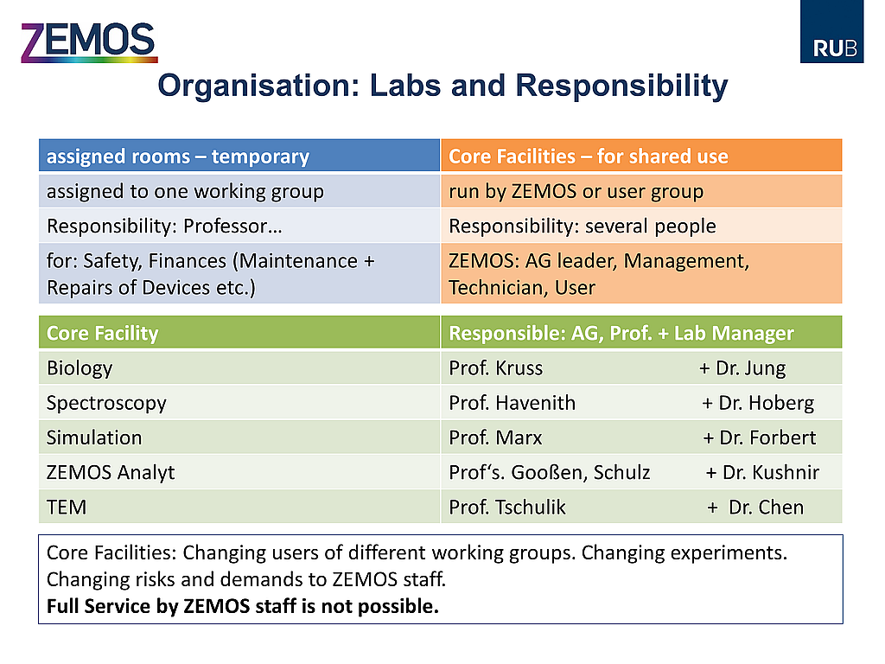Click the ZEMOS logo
click(x=89, y=42)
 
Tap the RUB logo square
click(x=831, y=31)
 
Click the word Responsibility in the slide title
click(x=621, y=86)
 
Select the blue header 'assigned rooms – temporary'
click(x=239, y=156)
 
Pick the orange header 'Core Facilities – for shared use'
click(x=641, y=156)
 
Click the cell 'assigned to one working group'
click(x=239, y=191)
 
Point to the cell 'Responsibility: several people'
click(x=641, y=226)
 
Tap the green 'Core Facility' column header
click(x=239, y=333)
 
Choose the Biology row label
click(x=80, y=368)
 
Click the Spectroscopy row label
click(x=106, y=403)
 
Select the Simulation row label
click(x=94, y=437)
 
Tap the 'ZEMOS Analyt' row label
click(x=111, y=473)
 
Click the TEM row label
click(x=67, y=507)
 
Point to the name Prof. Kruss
click(x=495, y=368)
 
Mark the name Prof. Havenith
click(x=512, y=403)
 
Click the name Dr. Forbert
click(x=767, y=437)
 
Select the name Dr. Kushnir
click(x=771, y=473)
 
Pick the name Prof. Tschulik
click(x=506, y=507)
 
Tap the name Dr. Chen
click(x=766, y=507)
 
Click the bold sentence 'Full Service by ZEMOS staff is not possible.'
click(x=243, y=606)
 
